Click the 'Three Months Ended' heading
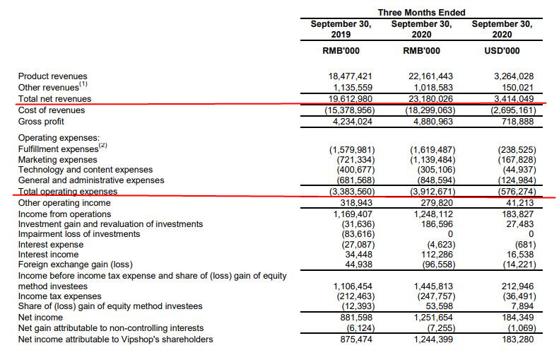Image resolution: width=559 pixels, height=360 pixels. click(421, 13)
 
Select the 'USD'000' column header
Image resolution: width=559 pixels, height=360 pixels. click(502, 50)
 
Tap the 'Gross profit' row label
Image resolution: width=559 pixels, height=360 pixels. click(41, 120)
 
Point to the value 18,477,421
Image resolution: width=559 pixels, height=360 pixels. click(351, 76)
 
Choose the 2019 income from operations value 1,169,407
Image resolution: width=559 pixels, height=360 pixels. click(351, 214)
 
